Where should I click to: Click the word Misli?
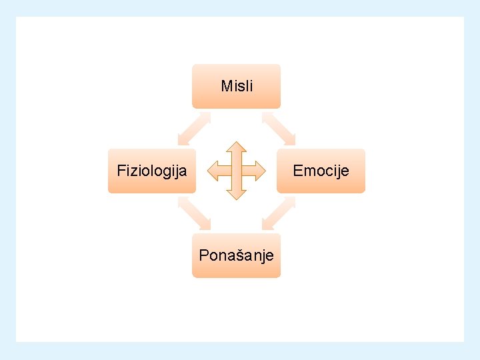click(x=237, y=86)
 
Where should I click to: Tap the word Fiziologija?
click(x=152, y=171)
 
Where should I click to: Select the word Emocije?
click(x=321, y=171)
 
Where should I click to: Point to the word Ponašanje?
click(x=237, y=255)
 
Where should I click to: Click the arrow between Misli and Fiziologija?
click(x=194, y=129)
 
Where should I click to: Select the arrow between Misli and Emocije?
click(x=279, y=129)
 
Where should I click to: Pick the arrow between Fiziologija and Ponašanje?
click(x=194, y=213)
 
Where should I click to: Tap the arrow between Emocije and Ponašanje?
click(x=279, y=213)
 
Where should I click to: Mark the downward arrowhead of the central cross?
click(x=237, y=194)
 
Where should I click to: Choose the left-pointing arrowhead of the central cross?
click(x=213, y=171)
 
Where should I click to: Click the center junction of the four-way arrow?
click(x=237, y=171)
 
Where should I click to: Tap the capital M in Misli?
click(x=226, y=86)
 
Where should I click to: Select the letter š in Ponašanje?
click(x=237, y=255)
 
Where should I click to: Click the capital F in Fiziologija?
click(x=121, y=171)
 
